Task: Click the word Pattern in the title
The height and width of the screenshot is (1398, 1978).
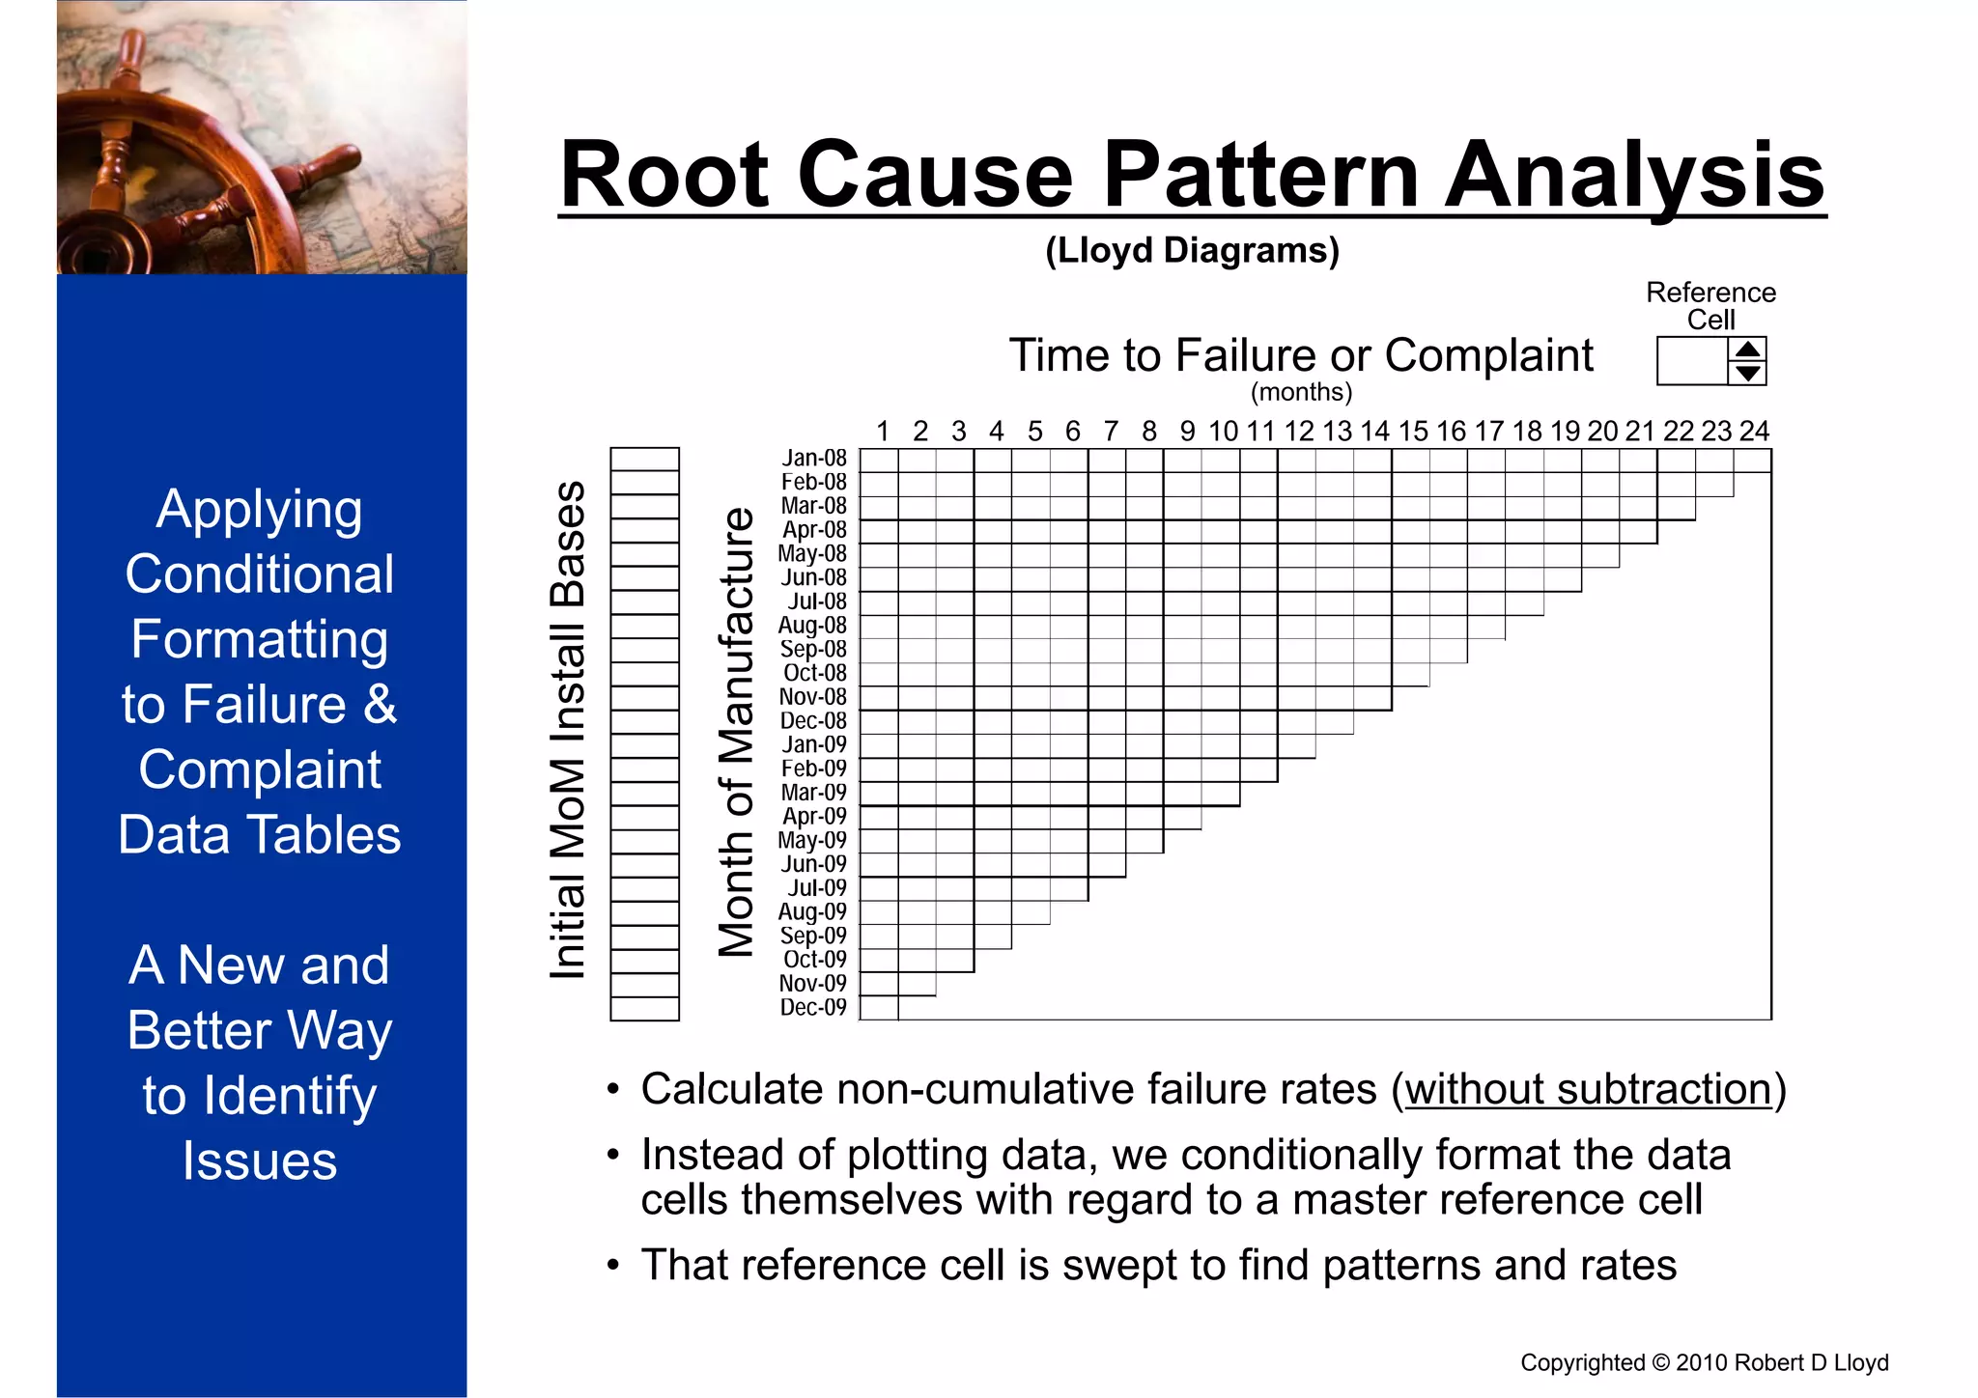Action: coord(1258,176)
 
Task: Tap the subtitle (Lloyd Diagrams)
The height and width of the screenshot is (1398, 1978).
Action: coord(1192,250)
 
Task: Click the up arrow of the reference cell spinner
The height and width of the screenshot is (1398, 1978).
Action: coord(1747,349)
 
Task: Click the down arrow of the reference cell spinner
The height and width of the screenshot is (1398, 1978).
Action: coord(1747,373)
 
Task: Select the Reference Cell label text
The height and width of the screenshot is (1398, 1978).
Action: coord(1710,305)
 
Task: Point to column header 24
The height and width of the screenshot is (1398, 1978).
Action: coord(1753,431)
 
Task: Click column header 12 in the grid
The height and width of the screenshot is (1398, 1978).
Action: coord(1299,431)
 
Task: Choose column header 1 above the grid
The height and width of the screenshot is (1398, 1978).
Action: coord(882,431)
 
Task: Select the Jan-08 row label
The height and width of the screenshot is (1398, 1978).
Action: coord(814,458)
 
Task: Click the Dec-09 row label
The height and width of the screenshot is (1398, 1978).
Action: coord(813,1007)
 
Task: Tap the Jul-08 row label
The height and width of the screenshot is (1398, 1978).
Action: coord(817,601)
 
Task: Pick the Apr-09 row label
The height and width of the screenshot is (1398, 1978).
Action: coord(814,816)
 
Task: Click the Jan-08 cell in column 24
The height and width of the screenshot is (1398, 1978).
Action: coord(1752,461)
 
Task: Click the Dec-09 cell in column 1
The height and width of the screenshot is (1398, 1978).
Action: coord(879,1008)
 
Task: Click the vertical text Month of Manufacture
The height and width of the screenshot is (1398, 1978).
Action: coord(736,732)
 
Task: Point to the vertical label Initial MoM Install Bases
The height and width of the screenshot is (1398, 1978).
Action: coord(568,730)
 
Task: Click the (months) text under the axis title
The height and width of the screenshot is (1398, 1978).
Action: coord(1301,392)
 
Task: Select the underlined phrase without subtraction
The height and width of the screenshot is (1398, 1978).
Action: coord(1588,1090)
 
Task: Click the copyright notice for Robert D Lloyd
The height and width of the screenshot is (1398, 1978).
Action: coord(1704,1362)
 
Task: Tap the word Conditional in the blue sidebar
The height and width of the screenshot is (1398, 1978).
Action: coord(260,574)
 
